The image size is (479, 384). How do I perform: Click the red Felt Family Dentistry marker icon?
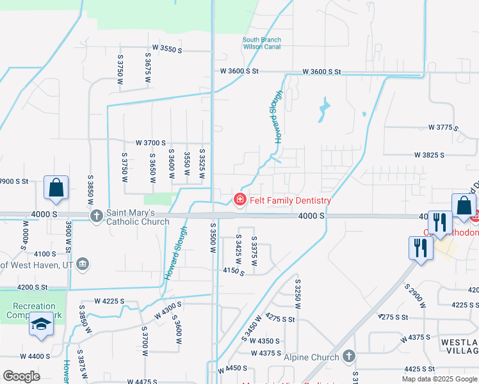point(240,200)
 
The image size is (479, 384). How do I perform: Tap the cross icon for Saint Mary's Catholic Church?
point(97,216)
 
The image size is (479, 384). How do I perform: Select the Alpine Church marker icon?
point(349,355)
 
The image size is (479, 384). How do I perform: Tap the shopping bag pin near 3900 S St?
point(56,188)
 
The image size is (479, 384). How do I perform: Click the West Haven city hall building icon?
point(83,264)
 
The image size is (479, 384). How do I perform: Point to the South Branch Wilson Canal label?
point(261,44)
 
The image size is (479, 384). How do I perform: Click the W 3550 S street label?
point(167,49)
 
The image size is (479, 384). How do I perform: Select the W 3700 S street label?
point(150,143)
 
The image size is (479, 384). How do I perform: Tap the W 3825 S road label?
point(430,155)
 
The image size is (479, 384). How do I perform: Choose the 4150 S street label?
point(234,272)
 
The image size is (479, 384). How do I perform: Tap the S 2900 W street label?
point(414,295)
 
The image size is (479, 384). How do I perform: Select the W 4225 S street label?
point(109,301)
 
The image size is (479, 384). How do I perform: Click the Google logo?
point(22,376)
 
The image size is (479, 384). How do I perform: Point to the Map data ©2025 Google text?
point(439,379)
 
